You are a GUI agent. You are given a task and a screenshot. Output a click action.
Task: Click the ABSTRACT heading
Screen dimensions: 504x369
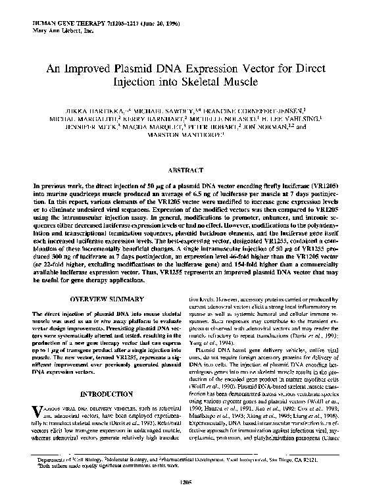(185, 168)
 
